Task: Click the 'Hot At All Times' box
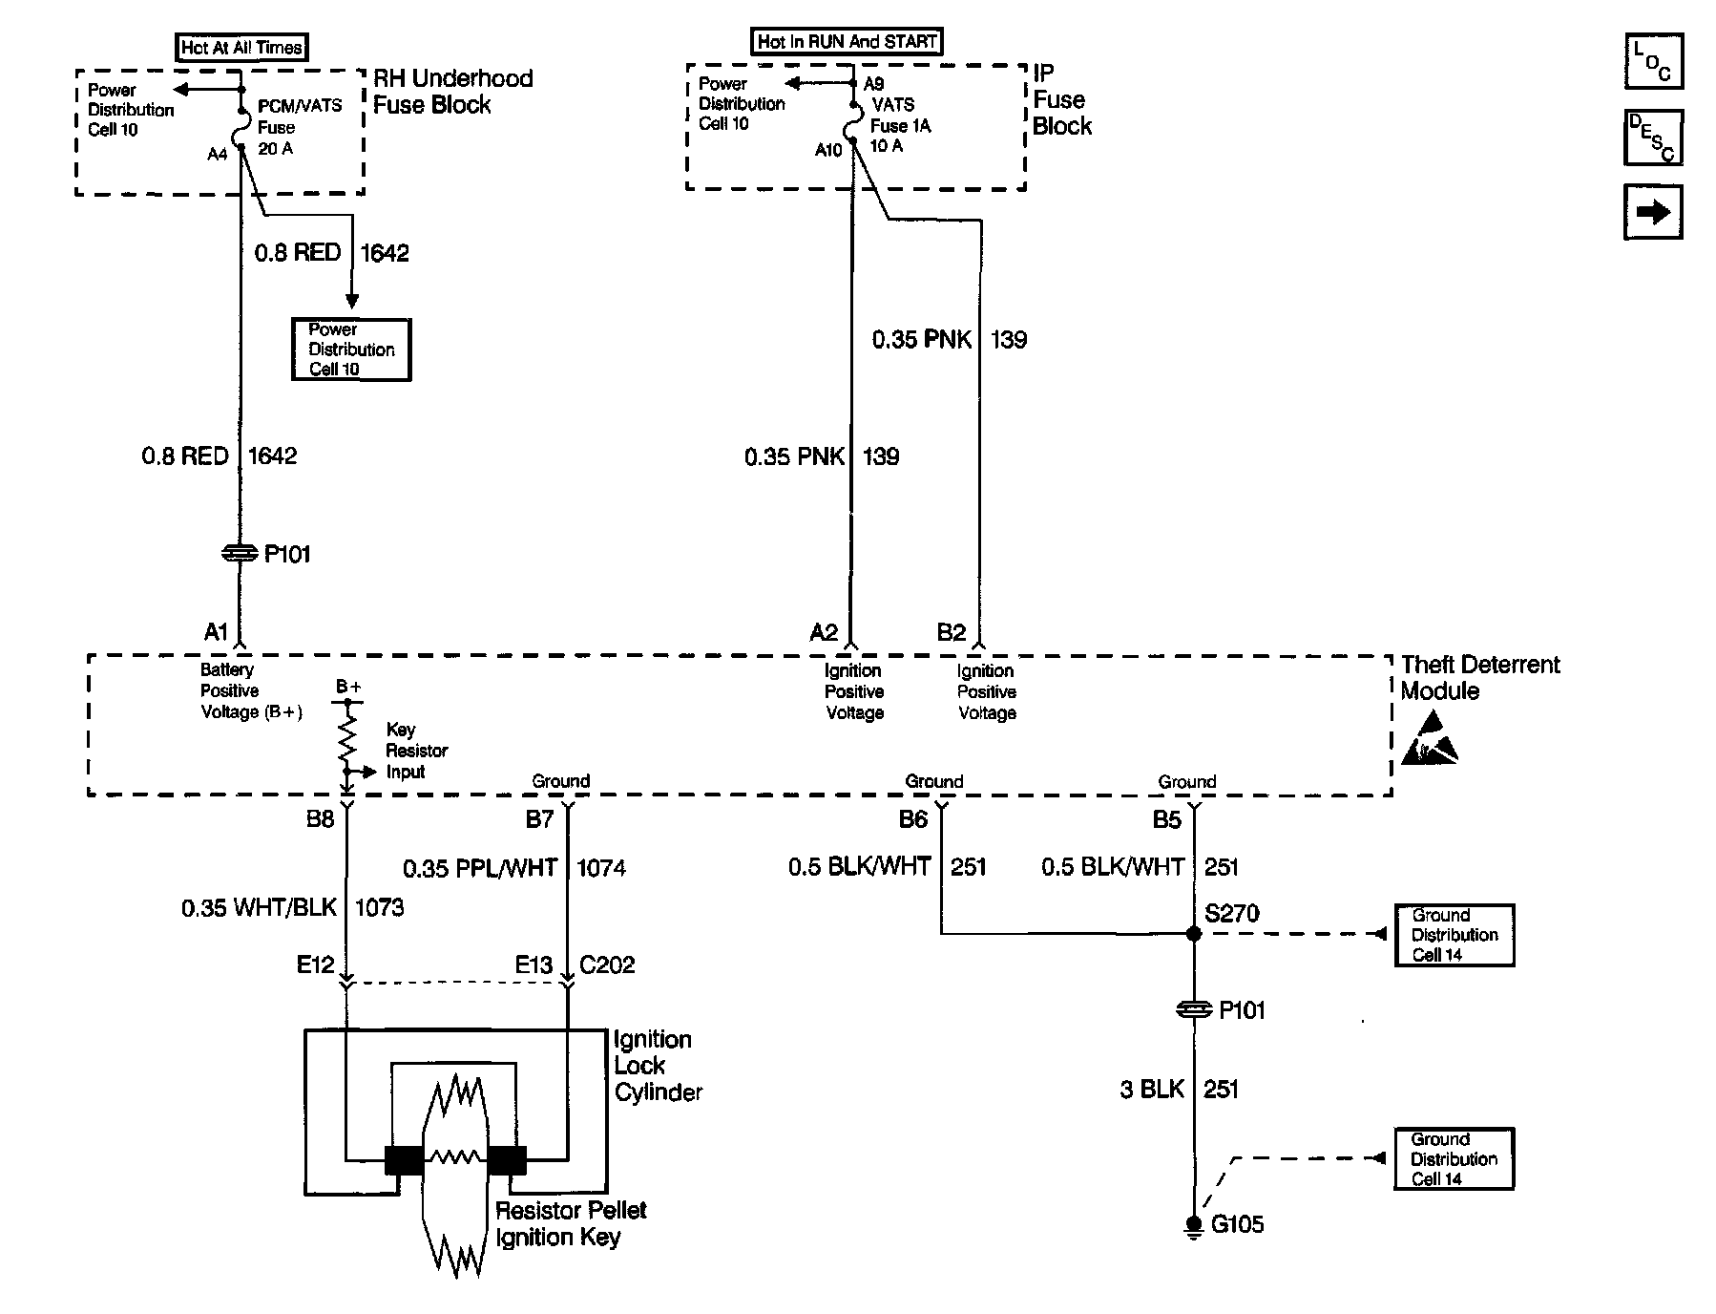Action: (x=242, y=48)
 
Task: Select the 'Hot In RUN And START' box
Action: (x=847, y=42)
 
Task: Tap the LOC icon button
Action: (x=1653, y=61)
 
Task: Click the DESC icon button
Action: (x=1653, y=138)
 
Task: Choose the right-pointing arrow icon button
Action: (x=1653, y=212)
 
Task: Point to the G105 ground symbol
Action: (x=1193, y=1225)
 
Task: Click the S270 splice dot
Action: (x=1193, y=934)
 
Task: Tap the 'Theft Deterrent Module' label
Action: (x=1479, y=678)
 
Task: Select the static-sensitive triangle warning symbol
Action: (x=1429, y=740)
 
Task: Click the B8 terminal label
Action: (x=320, y=819)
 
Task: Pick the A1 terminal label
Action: (x=217, y=632)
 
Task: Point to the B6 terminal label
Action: (x=913, y=819)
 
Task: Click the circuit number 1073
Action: (x=380, y=907)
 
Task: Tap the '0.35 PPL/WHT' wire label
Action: (x=480, y=868)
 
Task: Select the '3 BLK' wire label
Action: (x=1151, y=1090)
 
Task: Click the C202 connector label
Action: (x=607, y=965)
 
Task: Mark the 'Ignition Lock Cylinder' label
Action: (x=658, y=1066)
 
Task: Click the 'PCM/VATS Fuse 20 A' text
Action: (x=299, y=127)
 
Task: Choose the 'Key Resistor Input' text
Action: (x=416, y=751)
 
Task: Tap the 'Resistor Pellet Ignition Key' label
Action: (x=571, y=1223)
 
